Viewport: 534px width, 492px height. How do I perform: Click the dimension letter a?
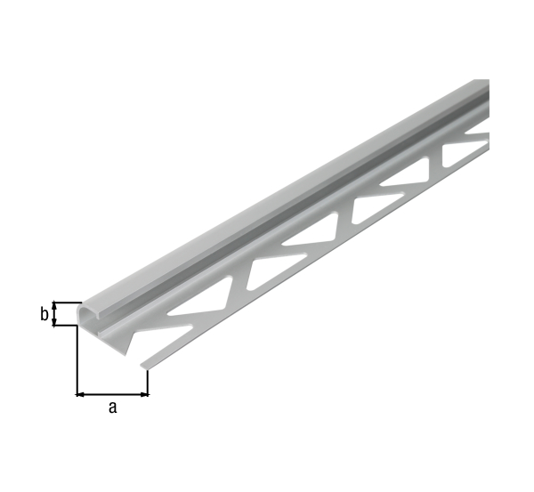[x=113, y=407]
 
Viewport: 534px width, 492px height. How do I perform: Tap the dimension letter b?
[x=44, y=314]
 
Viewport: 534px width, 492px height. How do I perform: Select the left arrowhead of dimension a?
[x=79, y=395]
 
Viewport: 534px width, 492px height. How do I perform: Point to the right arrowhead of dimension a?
[x=145, y=395]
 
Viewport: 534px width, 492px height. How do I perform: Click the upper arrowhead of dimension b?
[x=54, y=305]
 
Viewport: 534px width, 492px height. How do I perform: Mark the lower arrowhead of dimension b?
[x=54, y=322]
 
